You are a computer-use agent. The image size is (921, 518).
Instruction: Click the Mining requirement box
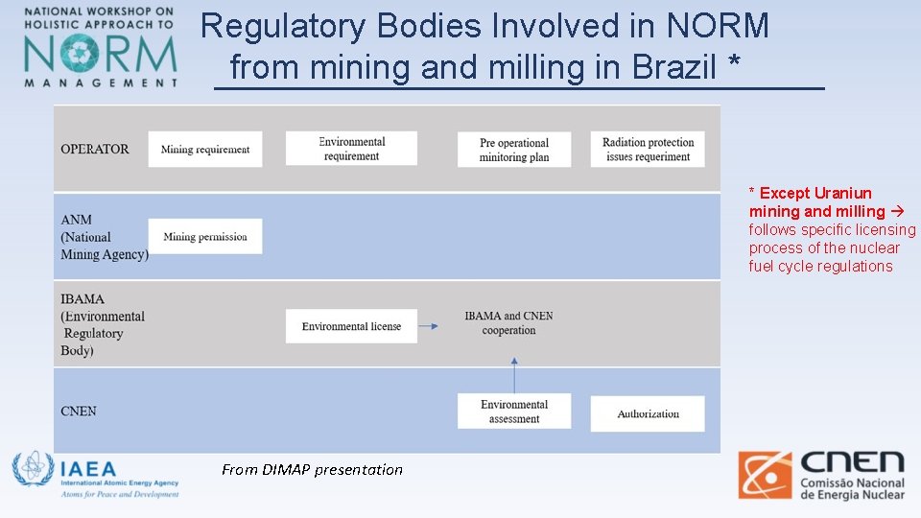[204, 150]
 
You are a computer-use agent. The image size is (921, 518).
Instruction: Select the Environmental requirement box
[351, 149]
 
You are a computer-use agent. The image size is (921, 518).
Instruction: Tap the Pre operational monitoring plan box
[514, 150]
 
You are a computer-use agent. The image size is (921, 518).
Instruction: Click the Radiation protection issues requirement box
[647, 150]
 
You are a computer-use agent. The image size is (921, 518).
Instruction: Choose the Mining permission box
[204, 237]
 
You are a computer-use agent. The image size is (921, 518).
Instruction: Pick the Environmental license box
[351, 326]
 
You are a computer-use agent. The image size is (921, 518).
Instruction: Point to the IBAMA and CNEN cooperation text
[508, 323]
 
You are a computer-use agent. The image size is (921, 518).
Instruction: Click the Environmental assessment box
[514, 412]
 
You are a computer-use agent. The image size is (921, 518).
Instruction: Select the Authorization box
[648, 414]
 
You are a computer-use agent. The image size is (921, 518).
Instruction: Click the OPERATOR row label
[95, 150]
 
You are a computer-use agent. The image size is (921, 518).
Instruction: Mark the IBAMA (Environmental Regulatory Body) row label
[102, 325]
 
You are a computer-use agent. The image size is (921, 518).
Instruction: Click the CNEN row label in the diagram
[79, 412]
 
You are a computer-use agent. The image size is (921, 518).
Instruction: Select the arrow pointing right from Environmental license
[429, 326]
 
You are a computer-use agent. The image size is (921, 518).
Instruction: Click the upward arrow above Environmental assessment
[514, 374]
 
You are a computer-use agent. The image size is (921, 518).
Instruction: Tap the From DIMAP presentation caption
[312, 469]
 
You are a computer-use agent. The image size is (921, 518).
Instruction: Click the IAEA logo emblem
[33, 470]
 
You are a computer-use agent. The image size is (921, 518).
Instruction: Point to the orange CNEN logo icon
[765, 475]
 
